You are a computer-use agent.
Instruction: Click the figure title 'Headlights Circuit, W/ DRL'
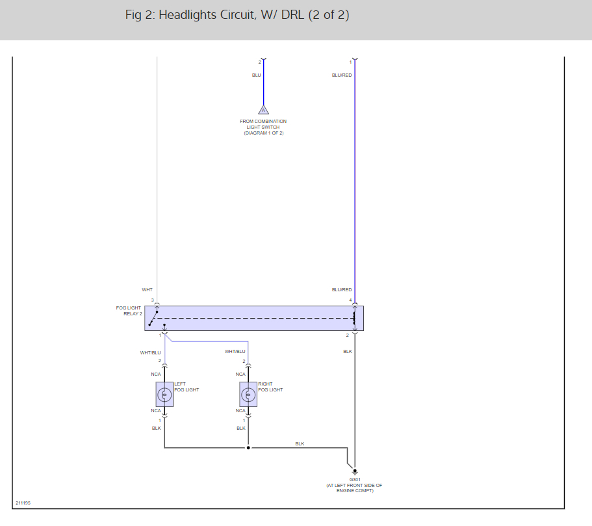coord(237,15)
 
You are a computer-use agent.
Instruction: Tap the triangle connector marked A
coord(263,109)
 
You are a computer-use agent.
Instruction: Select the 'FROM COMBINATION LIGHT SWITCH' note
coord(263,127)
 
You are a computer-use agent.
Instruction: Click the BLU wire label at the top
coord(256,75)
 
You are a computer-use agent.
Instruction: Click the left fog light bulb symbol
coord(164,394)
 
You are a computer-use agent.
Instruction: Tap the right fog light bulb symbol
coord(248,394)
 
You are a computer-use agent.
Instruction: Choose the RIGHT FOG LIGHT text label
coord(270,387)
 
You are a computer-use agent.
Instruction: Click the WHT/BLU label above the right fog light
coord(235,352)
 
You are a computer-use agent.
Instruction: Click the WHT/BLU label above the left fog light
coord(150,352)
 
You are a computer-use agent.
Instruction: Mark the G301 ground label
coord(354,480)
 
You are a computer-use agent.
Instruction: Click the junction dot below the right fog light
coord(248,448)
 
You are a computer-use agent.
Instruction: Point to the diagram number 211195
coord(23,503)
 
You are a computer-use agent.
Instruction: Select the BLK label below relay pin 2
coord(348,352)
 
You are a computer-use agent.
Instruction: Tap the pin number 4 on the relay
coord(350,300)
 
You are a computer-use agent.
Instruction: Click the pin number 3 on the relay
coord(153,300)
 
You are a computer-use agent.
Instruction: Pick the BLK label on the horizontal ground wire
coord(300,443)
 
